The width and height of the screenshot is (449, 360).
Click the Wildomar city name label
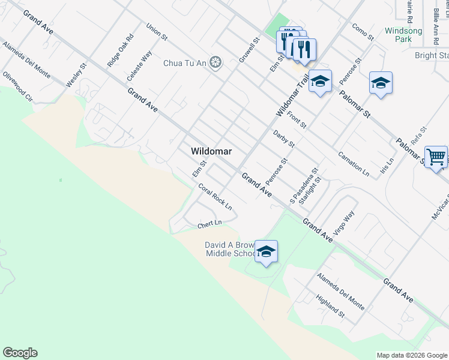tap(211, 152)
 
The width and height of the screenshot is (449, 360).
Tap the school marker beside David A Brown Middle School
tap(266, 251)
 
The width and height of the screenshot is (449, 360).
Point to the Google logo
tap(20, 353)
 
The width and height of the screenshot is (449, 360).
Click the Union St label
tap(157, 32)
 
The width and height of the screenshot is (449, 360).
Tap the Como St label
tap(363, 32)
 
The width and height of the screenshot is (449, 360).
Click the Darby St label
tap(284, 139)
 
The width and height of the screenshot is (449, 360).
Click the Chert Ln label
tap(210, 224)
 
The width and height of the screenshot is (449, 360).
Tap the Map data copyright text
tap(412, 355)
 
